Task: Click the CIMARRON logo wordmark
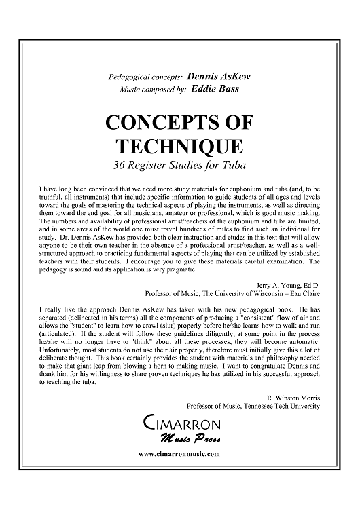click(179, 424)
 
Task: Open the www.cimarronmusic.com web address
click(179, 453)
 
